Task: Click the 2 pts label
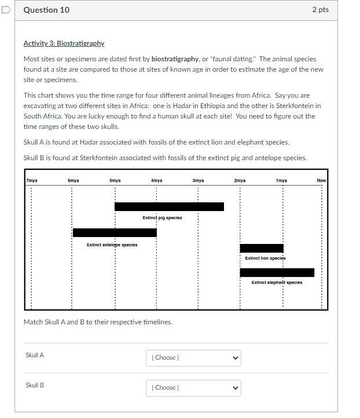(x=319, y=10)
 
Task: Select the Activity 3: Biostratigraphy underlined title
(x=64, y=43)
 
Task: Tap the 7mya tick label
(x=32, y=180)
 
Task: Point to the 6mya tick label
(x=74, y=180)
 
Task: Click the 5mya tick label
(x=115, y=180)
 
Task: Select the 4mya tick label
(x=156, y=180)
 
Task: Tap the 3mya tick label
(x=198, y=180)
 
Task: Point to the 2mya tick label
(x=240, y=180)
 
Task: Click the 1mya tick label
(x=281, y=180)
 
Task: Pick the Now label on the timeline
(x=321, y=180)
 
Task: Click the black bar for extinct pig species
(x=169, y=206)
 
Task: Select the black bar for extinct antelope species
(x=115, y=232)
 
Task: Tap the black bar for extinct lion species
(x=262, y=248)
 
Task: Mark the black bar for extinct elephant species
(x=277, y=272)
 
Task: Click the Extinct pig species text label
(x=162, y=218)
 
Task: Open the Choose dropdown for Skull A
(x=193, y=358)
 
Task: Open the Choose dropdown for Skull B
(x=193, y=388)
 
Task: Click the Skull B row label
(x=35, y=385)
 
